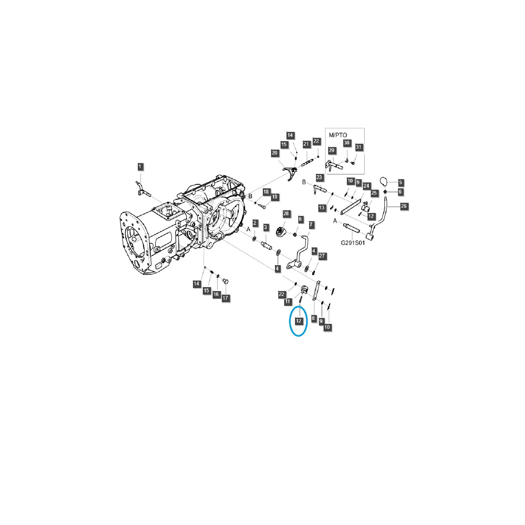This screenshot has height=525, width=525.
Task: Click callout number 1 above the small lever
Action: [x=140, y=166]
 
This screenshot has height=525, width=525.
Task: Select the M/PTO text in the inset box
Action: [x=338, y=135]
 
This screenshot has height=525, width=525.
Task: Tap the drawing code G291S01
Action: [x=353, y=243]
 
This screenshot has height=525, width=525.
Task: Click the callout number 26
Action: [x=404, y=206]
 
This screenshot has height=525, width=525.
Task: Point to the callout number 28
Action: [x=286, y=214]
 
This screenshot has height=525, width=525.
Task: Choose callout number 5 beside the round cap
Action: [x=400, y=182]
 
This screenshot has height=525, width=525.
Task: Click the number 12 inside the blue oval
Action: [x=298, y=321]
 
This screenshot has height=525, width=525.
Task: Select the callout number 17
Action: [x=225, y=298]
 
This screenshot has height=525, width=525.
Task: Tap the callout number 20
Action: [x=275, y=153]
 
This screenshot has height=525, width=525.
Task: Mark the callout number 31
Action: [x=359, y=147]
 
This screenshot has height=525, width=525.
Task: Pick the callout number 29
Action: [x=332, y=150]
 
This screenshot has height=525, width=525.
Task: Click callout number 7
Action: [x=311, y=225]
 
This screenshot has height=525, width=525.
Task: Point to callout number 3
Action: [x=265, y=227]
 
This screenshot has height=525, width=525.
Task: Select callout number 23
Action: [x=320, y=177]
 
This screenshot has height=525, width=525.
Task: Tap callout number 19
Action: [x=275, y=197]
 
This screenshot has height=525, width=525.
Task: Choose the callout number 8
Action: [x=313, y=318]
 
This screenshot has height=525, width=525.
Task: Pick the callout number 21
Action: [x=306, y=144]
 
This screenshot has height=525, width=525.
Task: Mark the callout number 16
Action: [x=216, y=294]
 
